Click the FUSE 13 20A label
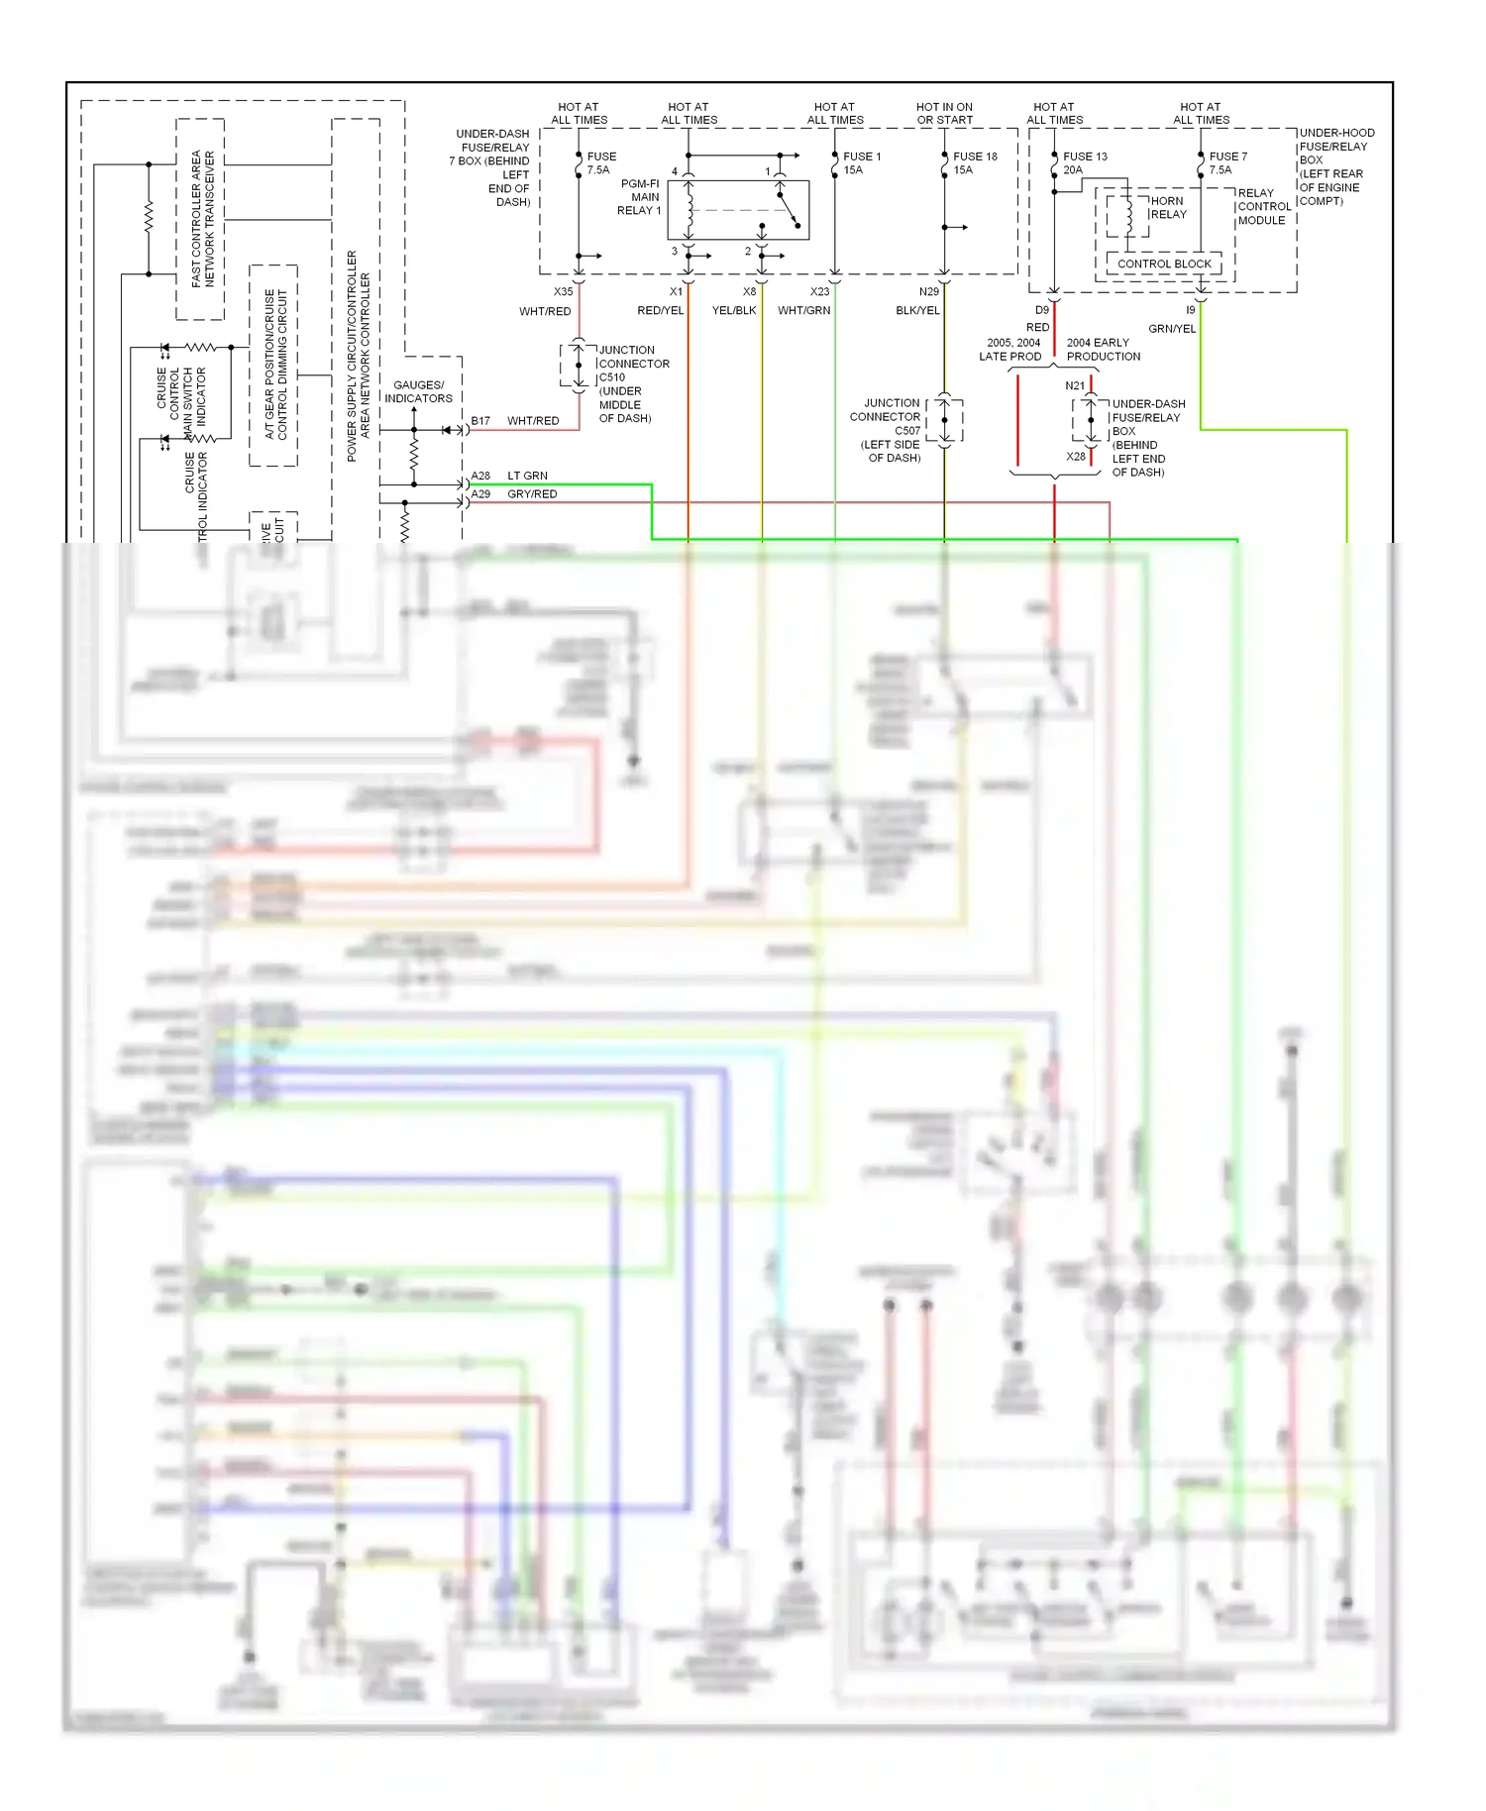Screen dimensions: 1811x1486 coord(1085,163)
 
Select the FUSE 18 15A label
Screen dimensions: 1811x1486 coord(975,163)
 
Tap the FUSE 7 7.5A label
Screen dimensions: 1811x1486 coord(1227,163)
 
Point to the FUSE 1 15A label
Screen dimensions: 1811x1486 coord(861,163)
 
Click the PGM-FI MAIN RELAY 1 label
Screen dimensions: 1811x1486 coord(639,197)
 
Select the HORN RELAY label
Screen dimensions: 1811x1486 coord(1168,207)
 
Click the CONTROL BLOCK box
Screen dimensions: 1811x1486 coord(1164,265)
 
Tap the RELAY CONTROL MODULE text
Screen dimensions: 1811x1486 coord(1263,207)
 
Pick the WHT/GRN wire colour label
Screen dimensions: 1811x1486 coord(803,311)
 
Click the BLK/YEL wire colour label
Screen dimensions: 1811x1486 coord(917,311)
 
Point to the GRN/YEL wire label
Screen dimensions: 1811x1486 coord(1172,329)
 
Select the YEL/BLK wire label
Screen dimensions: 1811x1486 coord(734,311)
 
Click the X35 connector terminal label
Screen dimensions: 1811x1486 coord(563,292)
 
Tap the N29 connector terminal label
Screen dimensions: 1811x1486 coord(928,292)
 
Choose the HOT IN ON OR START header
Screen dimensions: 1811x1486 coord(944,114)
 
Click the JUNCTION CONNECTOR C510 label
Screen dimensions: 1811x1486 coord(633,384)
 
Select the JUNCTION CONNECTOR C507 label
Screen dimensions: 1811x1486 coord(890,430)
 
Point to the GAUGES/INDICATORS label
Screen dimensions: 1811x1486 coord(418,392)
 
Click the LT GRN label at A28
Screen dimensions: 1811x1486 coord(527,477)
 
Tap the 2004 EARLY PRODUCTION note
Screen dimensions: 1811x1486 coord(1103,350)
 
